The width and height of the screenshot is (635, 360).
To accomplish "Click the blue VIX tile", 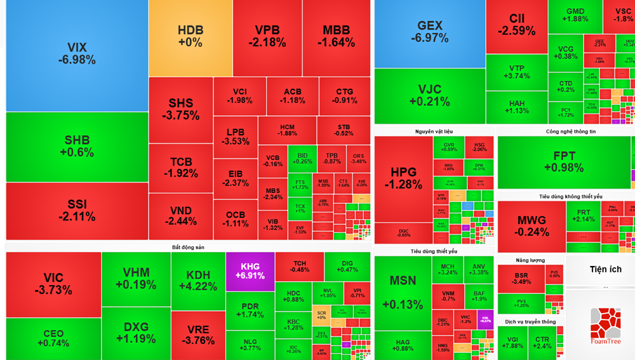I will tap(77, 54).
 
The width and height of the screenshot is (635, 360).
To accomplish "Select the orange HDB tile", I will tap(190, 37).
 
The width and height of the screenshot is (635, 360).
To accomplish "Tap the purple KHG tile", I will tap(250, 271).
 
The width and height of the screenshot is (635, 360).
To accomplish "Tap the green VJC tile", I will tap(429, 95).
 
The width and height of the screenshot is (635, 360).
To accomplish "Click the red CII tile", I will tap(516, 25).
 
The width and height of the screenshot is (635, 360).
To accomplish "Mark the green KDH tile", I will tap(197, 280).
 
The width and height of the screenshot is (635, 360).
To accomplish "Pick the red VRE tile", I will tap(197, 335).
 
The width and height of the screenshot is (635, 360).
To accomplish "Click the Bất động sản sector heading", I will tap(188, 247).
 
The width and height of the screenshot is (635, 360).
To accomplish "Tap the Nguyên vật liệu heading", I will tap(434, 131).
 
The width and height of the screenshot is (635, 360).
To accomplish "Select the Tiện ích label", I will tap(605, 269).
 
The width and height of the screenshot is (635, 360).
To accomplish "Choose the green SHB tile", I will tap(77, 146).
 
